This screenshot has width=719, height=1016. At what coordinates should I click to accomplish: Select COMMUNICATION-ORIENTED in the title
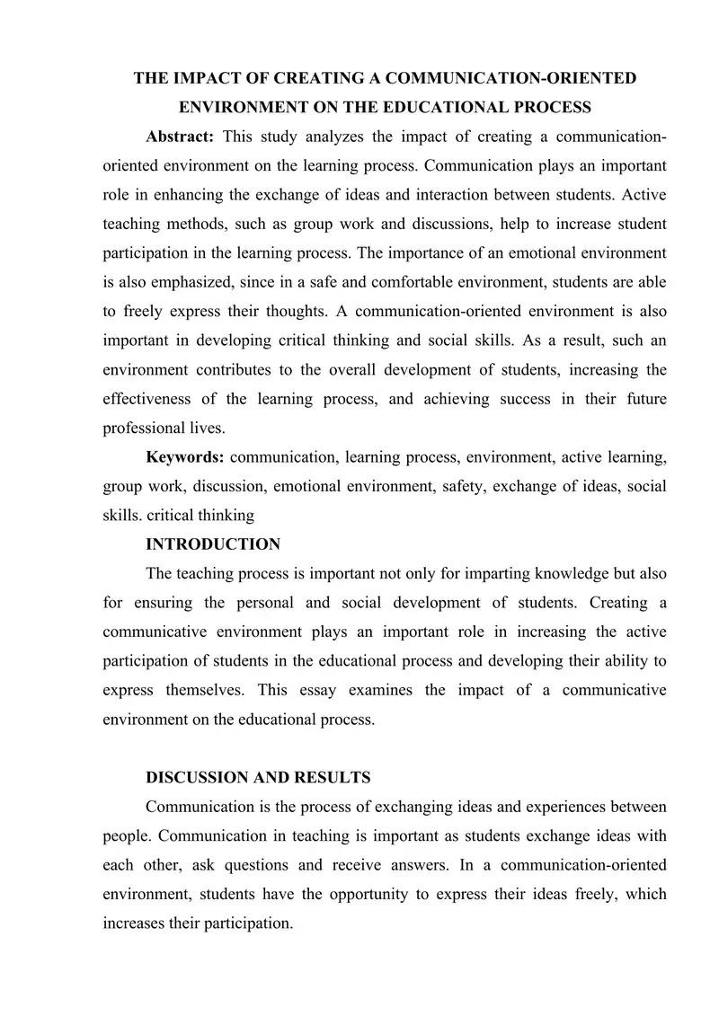click(x=507, y=79)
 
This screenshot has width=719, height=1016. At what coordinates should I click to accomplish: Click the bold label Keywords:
click(x=184, y=457)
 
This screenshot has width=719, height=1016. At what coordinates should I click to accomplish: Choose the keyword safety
click(x=470, y=486)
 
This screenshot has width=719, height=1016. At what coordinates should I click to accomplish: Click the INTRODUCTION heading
click(x=213, y=544)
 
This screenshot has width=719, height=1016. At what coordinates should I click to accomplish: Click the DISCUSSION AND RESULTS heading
click(x=258, y=777)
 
